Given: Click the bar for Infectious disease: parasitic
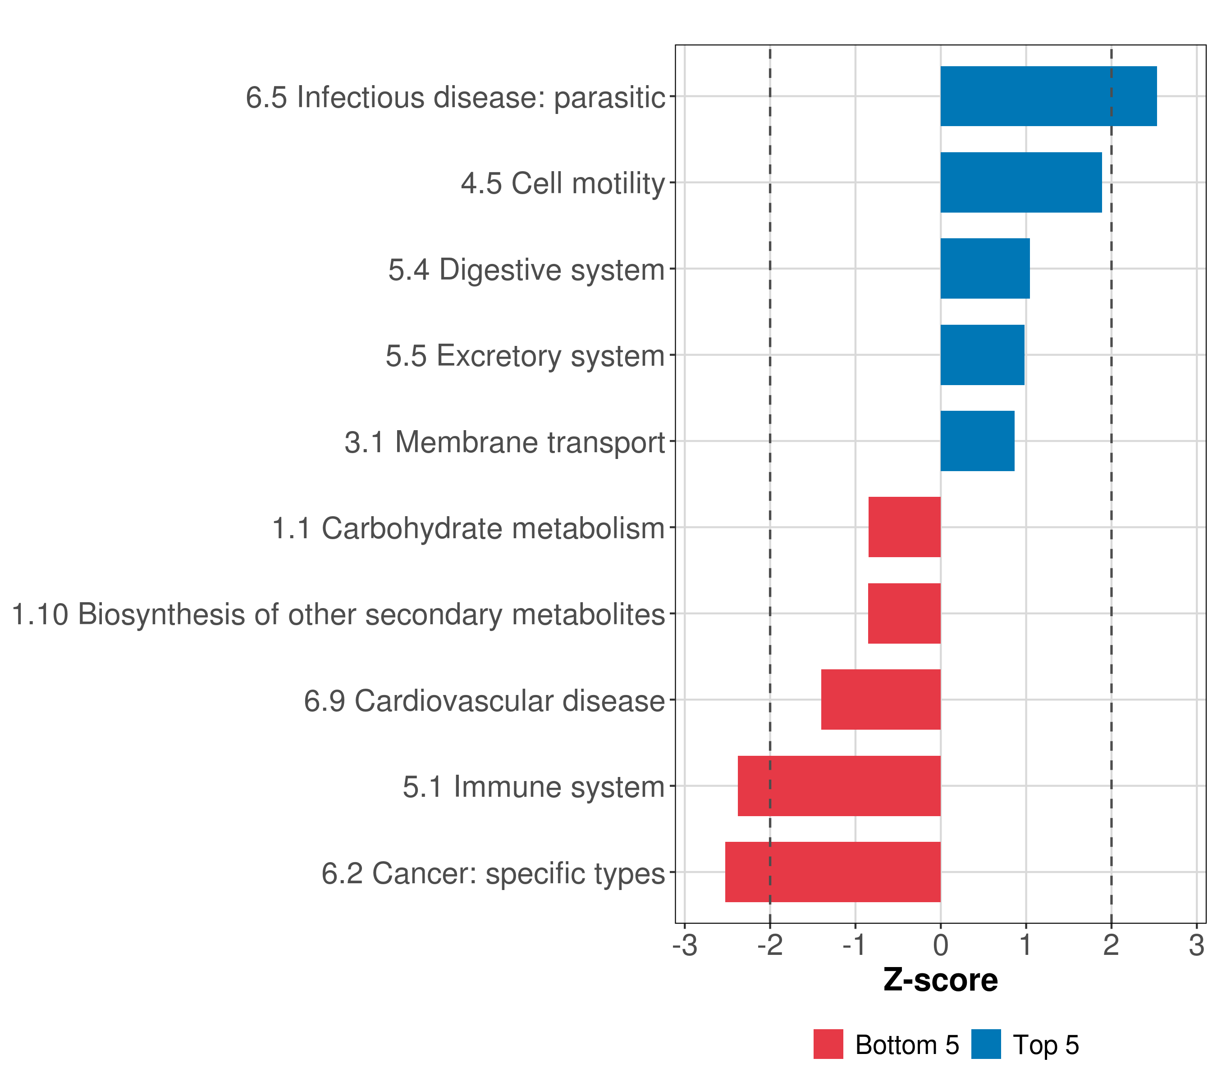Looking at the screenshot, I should click(1048, 96).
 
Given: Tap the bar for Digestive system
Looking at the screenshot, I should click(985, 268).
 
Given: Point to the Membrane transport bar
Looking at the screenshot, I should click(977, 441).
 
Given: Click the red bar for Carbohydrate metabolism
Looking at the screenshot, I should click(905, 527).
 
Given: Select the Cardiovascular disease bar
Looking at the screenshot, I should click(881, 699).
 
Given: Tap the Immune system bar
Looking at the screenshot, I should click(839, 786).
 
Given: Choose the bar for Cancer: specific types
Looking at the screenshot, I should click(833, 872).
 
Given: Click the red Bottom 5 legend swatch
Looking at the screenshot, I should click(828, 1044).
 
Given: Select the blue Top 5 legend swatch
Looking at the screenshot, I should click(986, 1044).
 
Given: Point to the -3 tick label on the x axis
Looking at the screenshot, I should click(685, 945).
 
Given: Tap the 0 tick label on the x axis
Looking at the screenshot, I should click(941, 945).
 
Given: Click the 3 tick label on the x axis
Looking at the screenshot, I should click(1196, 945).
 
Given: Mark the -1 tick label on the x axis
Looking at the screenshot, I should click(855, 945).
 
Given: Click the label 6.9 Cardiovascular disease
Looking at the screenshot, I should click(484, 701).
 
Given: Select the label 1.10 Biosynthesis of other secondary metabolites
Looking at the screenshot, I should click(338, 614).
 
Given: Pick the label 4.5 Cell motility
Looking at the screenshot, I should click(563, 183).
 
